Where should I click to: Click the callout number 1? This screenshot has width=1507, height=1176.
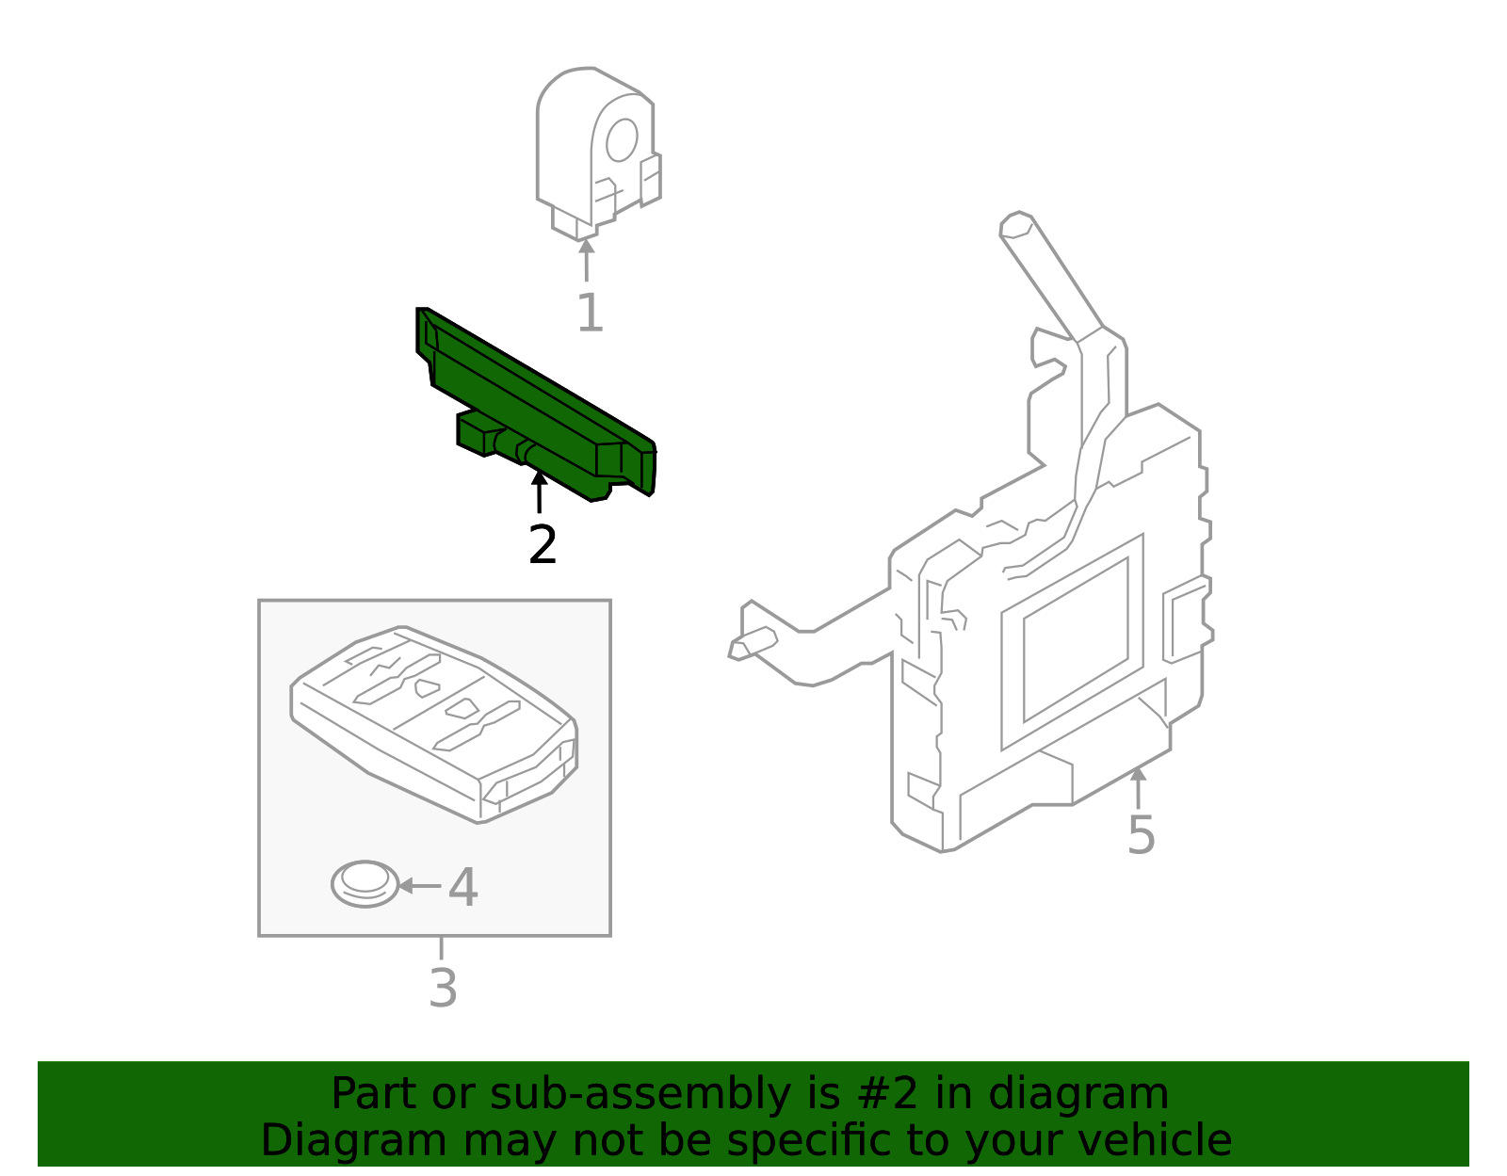(590, 314)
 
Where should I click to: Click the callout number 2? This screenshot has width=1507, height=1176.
(543, 545)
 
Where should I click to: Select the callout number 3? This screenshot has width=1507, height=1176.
(443, 989)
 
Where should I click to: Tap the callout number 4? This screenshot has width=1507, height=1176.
(462, 887)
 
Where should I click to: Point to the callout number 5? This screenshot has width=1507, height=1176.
(1141, 835)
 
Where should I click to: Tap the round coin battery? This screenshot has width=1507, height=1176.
(365, 884)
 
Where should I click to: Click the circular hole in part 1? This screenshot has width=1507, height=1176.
(622, 140)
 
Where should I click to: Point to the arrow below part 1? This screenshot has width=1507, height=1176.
(586, 259)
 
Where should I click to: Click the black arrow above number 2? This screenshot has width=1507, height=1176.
(539, 491)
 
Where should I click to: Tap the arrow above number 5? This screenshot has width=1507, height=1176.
(1138, 787)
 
